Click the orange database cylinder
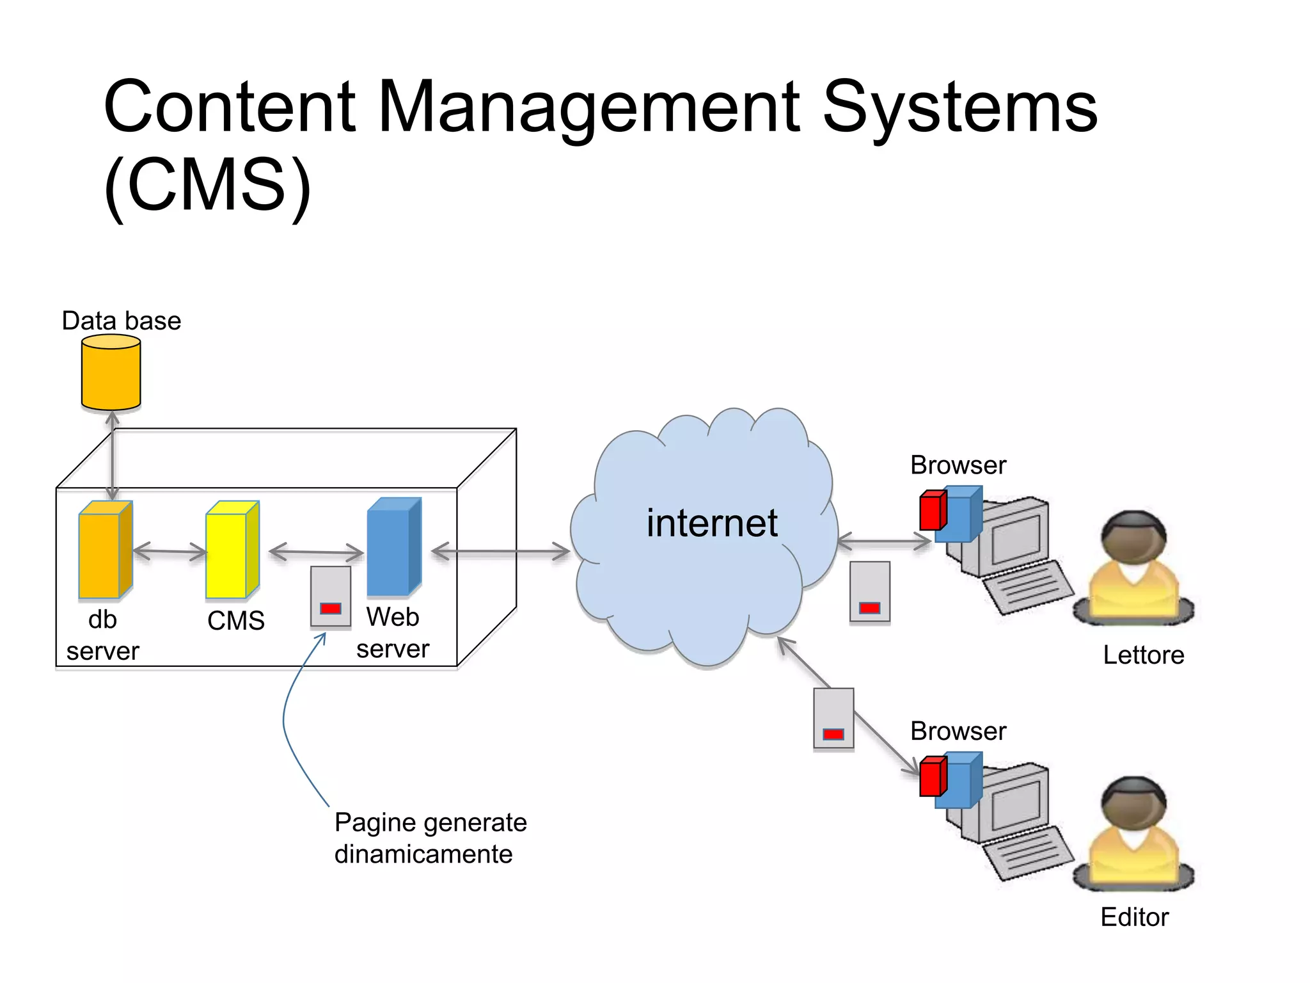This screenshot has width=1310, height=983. pos(111,373)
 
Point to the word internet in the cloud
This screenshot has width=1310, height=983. pos(711,523)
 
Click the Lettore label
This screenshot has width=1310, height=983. pos(1143,655)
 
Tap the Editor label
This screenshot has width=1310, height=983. pos(1134,917)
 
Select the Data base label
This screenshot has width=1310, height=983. pos(121,321)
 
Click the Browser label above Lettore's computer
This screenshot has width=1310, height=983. pos(958,465)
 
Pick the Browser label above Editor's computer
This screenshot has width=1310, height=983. pos(958,731)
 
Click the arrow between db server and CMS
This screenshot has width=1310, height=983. pos(170,551)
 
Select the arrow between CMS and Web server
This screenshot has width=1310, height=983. pos(316,551)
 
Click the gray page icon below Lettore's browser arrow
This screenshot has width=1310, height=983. pos(869,592)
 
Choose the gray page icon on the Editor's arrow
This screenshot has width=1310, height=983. pos(833,718)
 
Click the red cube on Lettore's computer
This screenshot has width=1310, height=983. pos(932,510)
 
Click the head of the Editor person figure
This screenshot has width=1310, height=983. pos(1133,803)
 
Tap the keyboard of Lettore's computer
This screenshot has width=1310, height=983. pos(1027,587)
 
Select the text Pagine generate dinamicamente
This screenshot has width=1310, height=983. pos(430,838)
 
